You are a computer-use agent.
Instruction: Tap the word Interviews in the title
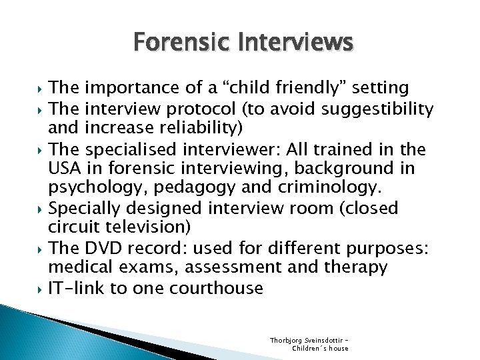click(x=297, y=44)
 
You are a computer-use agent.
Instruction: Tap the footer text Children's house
click(x=320, y=347)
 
